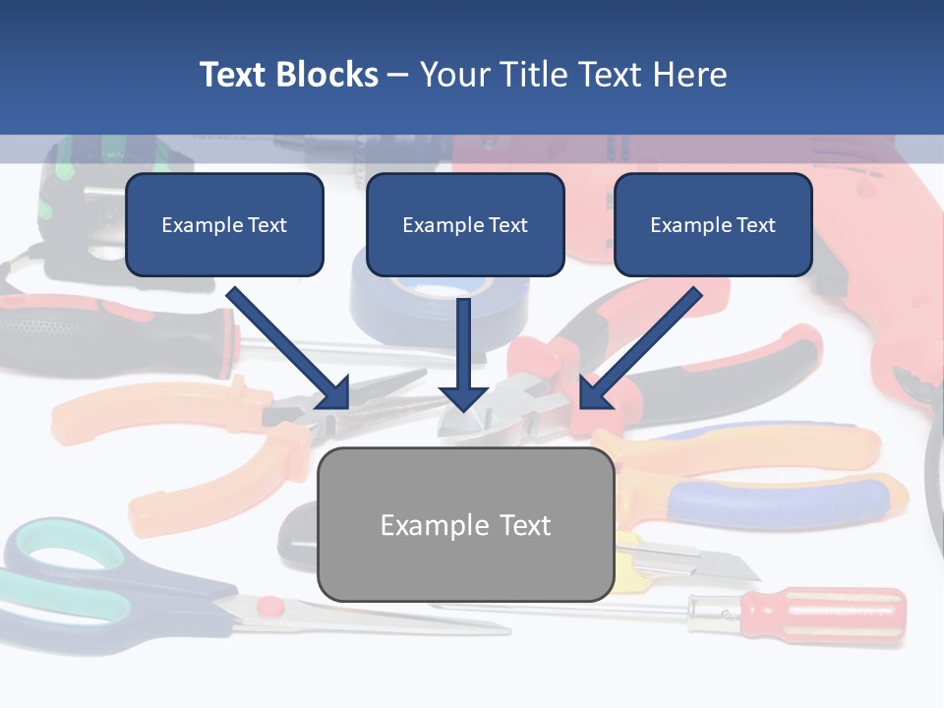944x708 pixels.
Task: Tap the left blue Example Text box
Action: (x=224, y=225)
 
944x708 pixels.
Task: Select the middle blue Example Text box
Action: (x=465, y=225)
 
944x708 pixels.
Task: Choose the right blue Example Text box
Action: (x=713, y=225)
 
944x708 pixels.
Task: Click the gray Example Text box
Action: (x=466, y=525)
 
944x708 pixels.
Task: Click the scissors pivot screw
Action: (x=270, y=608)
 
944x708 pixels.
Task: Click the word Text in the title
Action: (x=237, y=75)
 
